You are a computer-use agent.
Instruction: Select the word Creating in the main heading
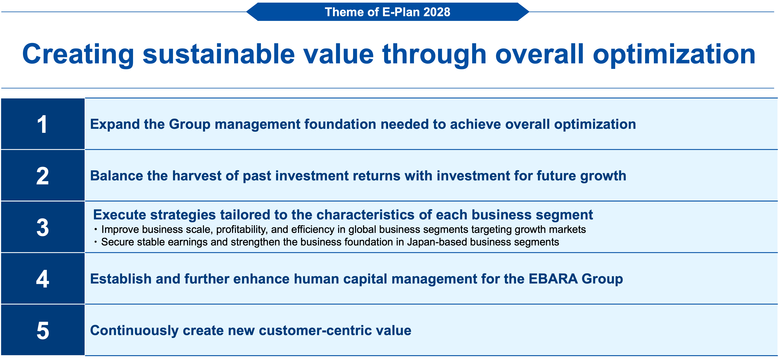[78, 54]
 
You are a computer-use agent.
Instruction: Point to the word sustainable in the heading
[219, 54]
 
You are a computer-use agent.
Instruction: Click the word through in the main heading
[434, 54]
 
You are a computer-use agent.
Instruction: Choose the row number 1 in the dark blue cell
[42, 124]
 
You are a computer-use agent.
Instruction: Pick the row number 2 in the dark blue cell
[42, 176]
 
